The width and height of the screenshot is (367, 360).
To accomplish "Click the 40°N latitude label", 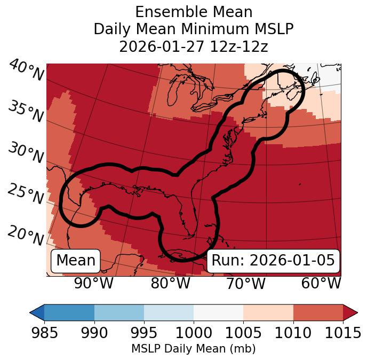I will pos(26,71).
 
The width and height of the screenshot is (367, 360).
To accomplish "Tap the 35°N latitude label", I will pos(26,112).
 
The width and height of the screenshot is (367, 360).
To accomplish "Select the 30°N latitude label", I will pos(26,153).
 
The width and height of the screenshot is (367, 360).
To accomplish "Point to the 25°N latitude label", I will pos(26,194).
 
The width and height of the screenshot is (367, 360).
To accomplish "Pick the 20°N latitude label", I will pos(26,236).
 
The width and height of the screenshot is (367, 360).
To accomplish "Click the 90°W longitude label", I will pos(94,283).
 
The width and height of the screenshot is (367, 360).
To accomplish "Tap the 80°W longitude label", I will pos(170,283).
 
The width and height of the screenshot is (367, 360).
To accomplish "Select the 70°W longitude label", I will pos(245,283).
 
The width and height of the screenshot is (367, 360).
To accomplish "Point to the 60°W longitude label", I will pos(321,283).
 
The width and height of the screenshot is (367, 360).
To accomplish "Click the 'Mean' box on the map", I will pos(76,261).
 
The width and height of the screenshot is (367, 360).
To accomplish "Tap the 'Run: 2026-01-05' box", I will pos(273,261).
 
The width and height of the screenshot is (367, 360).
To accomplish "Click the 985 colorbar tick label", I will pos(44,333).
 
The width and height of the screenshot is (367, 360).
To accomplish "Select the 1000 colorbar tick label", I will pos(194,333).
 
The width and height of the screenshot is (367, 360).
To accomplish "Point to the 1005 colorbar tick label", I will pos(243,333).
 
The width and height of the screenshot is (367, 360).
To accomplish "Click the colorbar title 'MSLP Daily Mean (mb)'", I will pos(194,349).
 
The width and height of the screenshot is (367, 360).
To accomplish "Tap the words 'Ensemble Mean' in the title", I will pos(194,12).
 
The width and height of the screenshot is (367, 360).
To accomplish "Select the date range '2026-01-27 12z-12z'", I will pos(194,46).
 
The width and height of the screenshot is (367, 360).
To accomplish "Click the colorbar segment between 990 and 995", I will pos(119,312).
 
